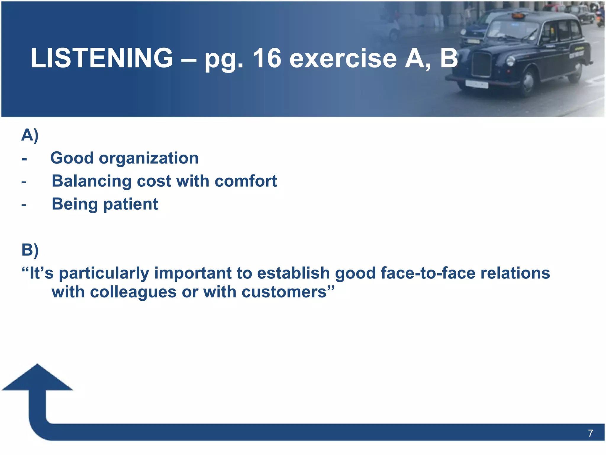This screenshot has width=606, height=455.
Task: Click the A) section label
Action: click(x=30, y=135)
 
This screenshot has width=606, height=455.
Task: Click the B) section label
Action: click(x=30, y=250)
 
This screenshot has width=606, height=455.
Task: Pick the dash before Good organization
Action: click(x=24, y=159)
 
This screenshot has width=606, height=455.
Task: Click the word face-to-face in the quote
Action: click(x=428, y=273)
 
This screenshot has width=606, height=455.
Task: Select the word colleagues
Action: click(x=133, y=292)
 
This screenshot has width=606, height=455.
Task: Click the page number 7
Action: click(x=590, y=433)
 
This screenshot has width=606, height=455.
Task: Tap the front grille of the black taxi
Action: click(x=481, y=64)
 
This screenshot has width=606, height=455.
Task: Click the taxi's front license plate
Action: click(x=476, y=84)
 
